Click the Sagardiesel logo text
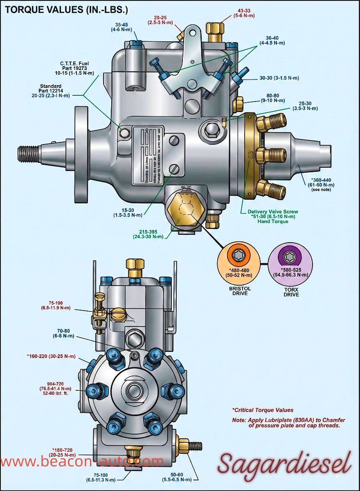tap(284, 463)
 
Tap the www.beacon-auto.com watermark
tap(82, 462)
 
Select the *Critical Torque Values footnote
tap(263, 410)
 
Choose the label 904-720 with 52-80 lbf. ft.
tap(55, 388)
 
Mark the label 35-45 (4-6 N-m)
tap(122, 27)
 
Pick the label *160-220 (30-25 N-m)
tap(51, 356)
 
